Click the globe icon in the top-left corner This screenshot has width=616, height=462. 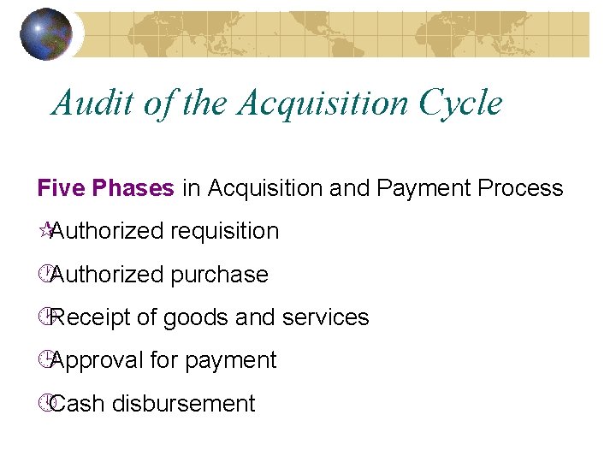click(x=45, y=33)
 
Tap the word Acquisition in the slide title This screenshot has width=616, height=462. click(x=324, y=104)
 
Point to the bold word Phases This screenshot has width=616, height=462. click(x=132, y=188)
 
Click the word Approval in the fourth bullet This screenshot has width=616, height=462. click(x=97, y=360)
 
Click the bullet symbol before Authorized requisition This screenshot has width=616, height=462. click(x=47, y=229)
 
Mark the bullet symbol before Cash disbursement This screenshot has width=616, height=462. click(x=47, y=402)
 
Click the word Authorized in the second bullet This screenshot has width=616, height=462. click(x=108, y=275)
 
